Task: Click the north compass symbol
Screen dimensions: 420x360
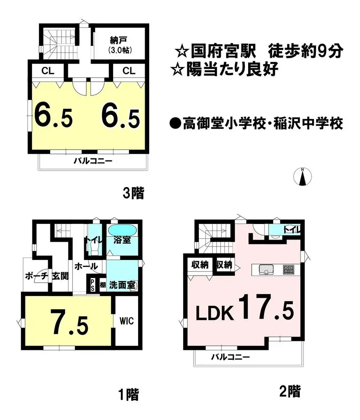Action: (303, 177)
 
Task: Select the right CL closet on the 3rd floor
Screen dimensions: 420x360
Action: (128, 71)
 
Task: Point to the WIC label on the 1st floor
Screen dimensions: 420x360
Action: (127, 320)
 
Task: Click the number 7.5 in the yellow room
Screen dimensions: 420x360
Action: (69, 322)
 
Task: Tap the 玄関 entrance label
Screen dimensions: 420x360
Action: (59, 275)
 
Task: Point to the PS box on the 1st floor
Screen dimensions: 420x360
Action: (92, 284)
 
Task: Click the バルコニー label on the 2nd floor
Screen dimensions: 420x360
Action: (230, 357)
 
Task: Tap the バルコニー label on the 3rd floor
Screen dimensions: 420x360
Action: (93, 161)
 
